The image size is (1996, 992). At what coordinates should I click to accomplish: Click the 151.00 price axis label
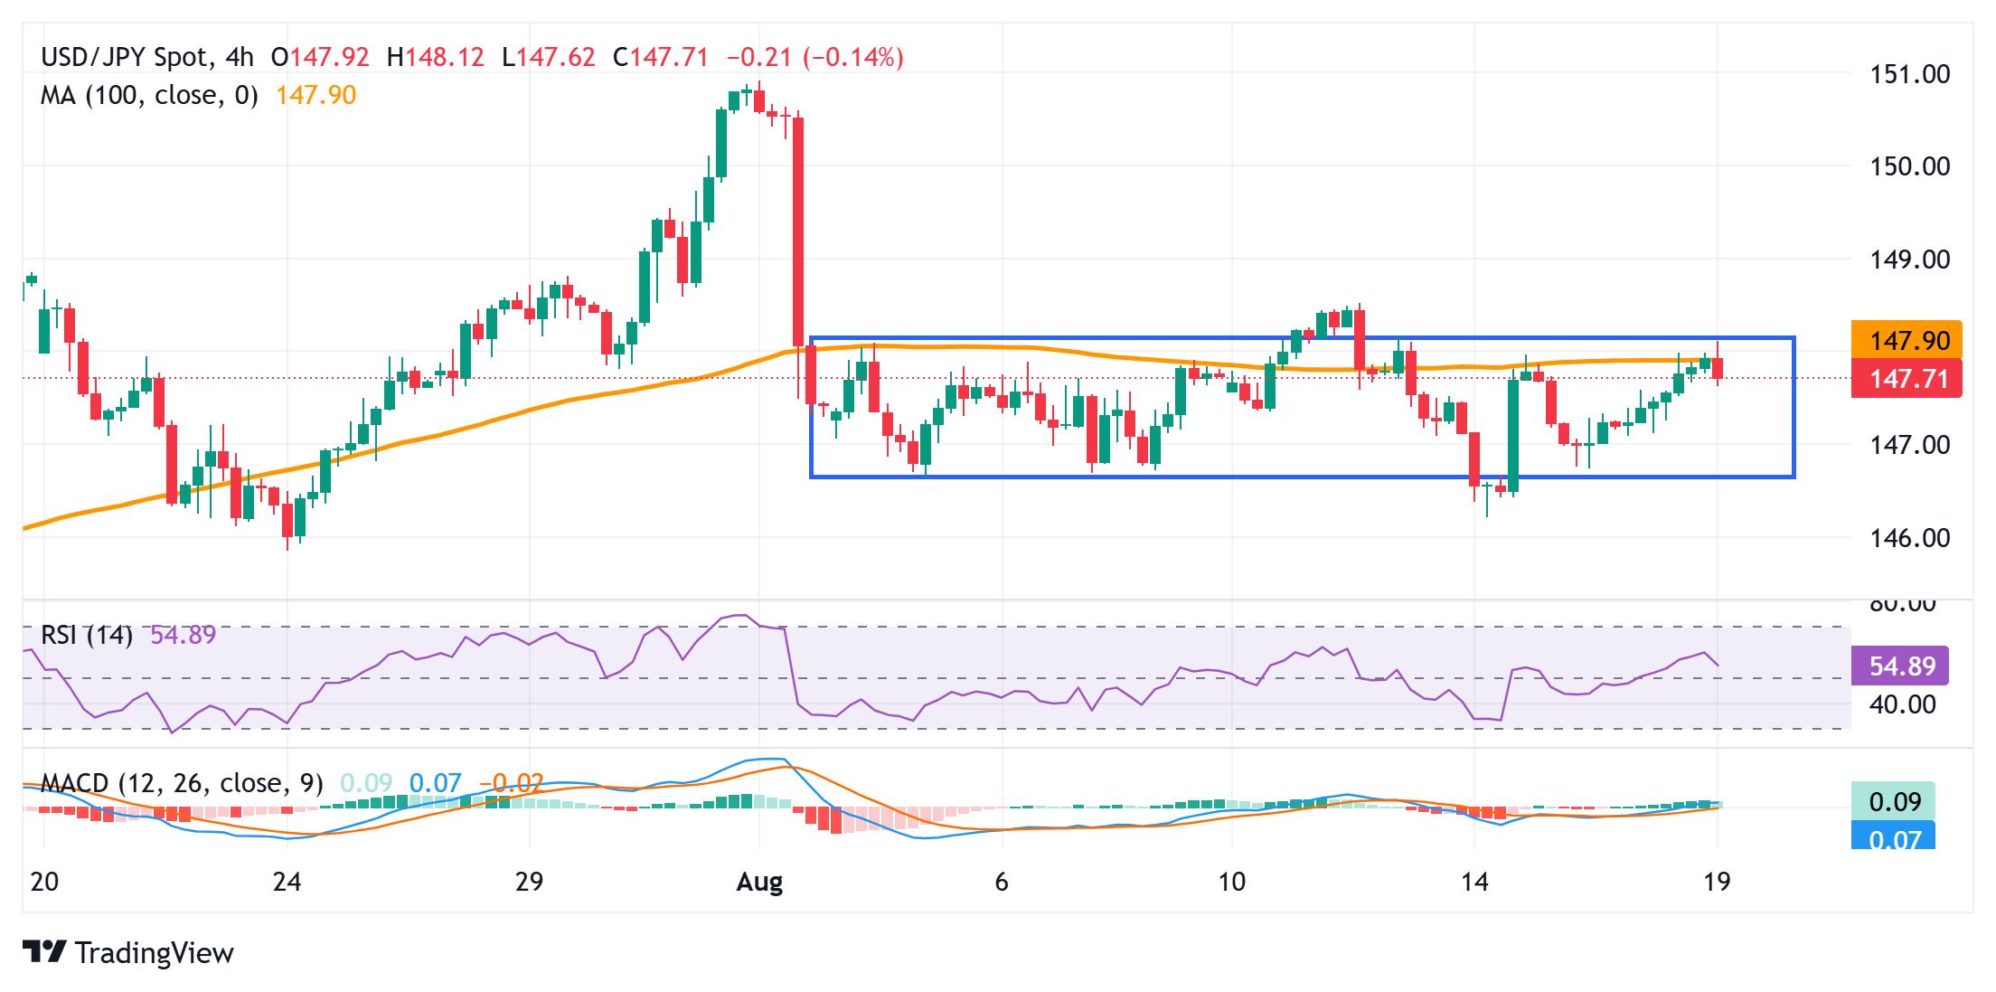1909,74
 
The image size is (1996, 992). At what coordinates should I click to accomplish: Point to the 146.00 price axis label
1909,538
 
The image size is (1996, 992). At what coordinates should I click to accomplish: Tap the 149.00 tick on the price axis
1909,260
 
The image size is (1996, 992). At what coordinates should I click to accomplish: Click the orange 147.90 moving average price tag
1907,340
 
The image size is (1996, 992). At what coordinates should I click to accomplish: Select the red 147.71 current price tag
1907,379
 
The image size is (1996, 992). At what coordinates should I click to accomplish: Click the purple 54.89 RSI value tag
1900,666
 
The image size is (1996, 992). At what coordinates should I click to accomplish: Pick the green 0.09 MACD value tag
1893,801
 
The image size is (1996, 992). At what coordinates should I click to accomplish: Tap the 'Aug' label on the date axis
759,882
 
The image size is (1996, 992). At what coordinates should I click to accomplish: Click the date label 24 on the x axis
287,882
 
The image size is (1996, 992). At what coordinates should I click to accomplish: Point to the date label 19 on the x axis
1716,882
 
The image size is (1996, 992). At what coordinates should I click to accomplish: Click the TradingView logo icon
44,952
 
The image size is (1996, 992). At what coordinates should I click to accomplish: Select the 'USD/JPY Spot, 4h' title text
147,57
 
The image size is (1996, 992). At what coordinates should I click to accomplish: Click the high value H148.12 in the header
436,57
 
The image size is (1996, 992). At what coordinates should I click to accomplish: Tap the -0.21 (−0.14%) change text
815,57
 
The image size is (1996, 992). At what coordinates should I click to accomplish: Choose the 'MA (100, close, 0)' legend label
149,95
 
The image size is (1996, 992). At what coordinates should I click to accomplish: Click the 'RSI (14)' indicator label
87,635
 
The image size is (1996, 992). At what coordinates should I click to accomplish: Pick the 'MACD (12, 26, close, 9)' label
182,783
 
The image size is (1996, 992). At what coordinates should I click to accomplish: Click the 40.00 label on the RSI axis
1902,704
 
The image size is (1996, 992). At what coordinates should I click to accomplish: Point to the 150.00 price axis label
1909,166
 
